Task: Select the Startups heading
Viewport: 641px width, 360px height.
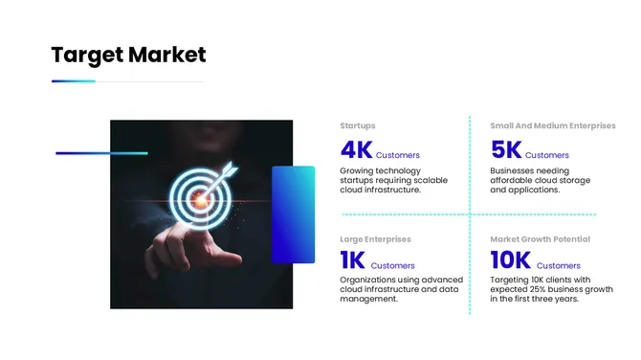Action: [x=357, y=125]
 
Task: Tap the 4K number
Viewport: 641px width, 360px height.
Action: [x=356, y=150]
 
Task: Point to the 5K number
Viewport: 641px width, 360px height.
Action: [x=505, y=150]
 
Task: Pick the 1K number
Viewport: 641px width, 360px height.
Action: [x=352, y=260]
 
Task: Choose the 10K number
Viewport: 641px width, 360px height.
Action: [x=510, y=260]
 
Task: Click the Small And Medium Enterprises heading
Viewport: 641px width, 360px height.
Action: [x=552, y=125]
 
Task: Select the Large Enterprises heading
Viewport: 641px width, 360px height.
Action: [x=375, y=238]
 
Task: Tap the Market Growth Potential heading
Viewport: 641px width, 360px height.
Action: [x=540, y=238]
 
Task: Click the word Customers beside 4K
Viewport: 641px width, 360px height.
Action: [x=397, y=155]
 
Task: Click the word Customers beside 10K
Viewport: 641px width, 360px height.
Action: [x=559, y=265]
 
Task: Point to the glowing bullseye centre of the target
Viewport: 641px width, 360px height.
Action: [x=199, y=199]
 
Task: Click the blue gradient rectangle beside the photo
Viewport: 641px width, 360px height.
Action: [x=293, y=214]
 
